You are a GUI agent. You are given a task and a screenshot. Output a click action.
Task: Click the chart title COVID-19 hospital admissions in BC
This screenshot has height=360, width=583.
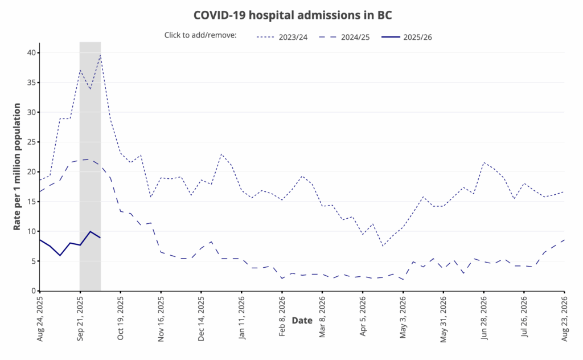pyautogui.click(x=292, y=14)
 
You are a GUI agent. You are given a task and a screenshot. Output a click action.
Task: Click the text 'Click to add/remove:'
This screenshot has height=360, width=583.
pyautogui.click(x=200, y=35)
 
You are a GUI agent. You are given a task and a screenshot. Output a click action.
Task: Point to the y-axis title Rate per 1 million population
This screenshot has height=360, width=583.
pyautogui.click(x=17, y=166)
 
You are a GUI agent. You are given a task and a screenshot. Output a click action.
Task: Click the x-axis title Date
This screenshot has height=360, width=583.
pyautogui.click(x=302, y=320)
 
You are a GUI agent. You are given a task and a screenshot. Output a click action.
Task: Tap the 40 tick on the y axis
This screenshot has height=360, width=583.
pyautogui.click(x=30, y=53)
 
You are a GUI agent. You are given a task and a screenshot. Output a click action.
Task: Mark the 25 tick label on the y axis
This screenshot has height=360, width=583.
pyautogui.click(x=30, y=142)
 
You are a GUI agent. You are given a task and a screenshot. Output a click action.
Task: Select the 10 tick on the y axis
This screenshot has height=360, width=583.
pyautogui.click(x=30, y=231)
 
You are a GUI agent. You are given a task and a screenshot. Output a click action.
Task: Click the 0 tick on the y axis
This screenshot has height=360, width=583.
pyautogui.click(x=32, y=291)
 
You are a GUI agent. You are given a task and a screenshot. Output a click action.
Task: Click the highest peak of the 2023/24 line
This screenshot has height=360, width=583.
pyautogui.click(x=100, y=55)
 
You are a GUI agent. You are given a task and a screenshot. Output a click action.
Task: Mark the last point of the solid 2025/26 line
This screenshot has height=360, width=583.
pyautogui.click(x=100, y=238)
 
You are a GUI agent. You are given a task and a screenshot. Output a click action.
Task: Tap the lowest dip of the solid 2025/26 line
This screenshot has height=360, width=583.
pyautogui.click(x=60, y=255)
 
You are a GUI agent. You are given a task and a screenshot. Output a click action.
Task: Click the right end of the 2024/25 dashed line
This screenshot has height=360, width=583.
pyautogui.click(x=564, y=240)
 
